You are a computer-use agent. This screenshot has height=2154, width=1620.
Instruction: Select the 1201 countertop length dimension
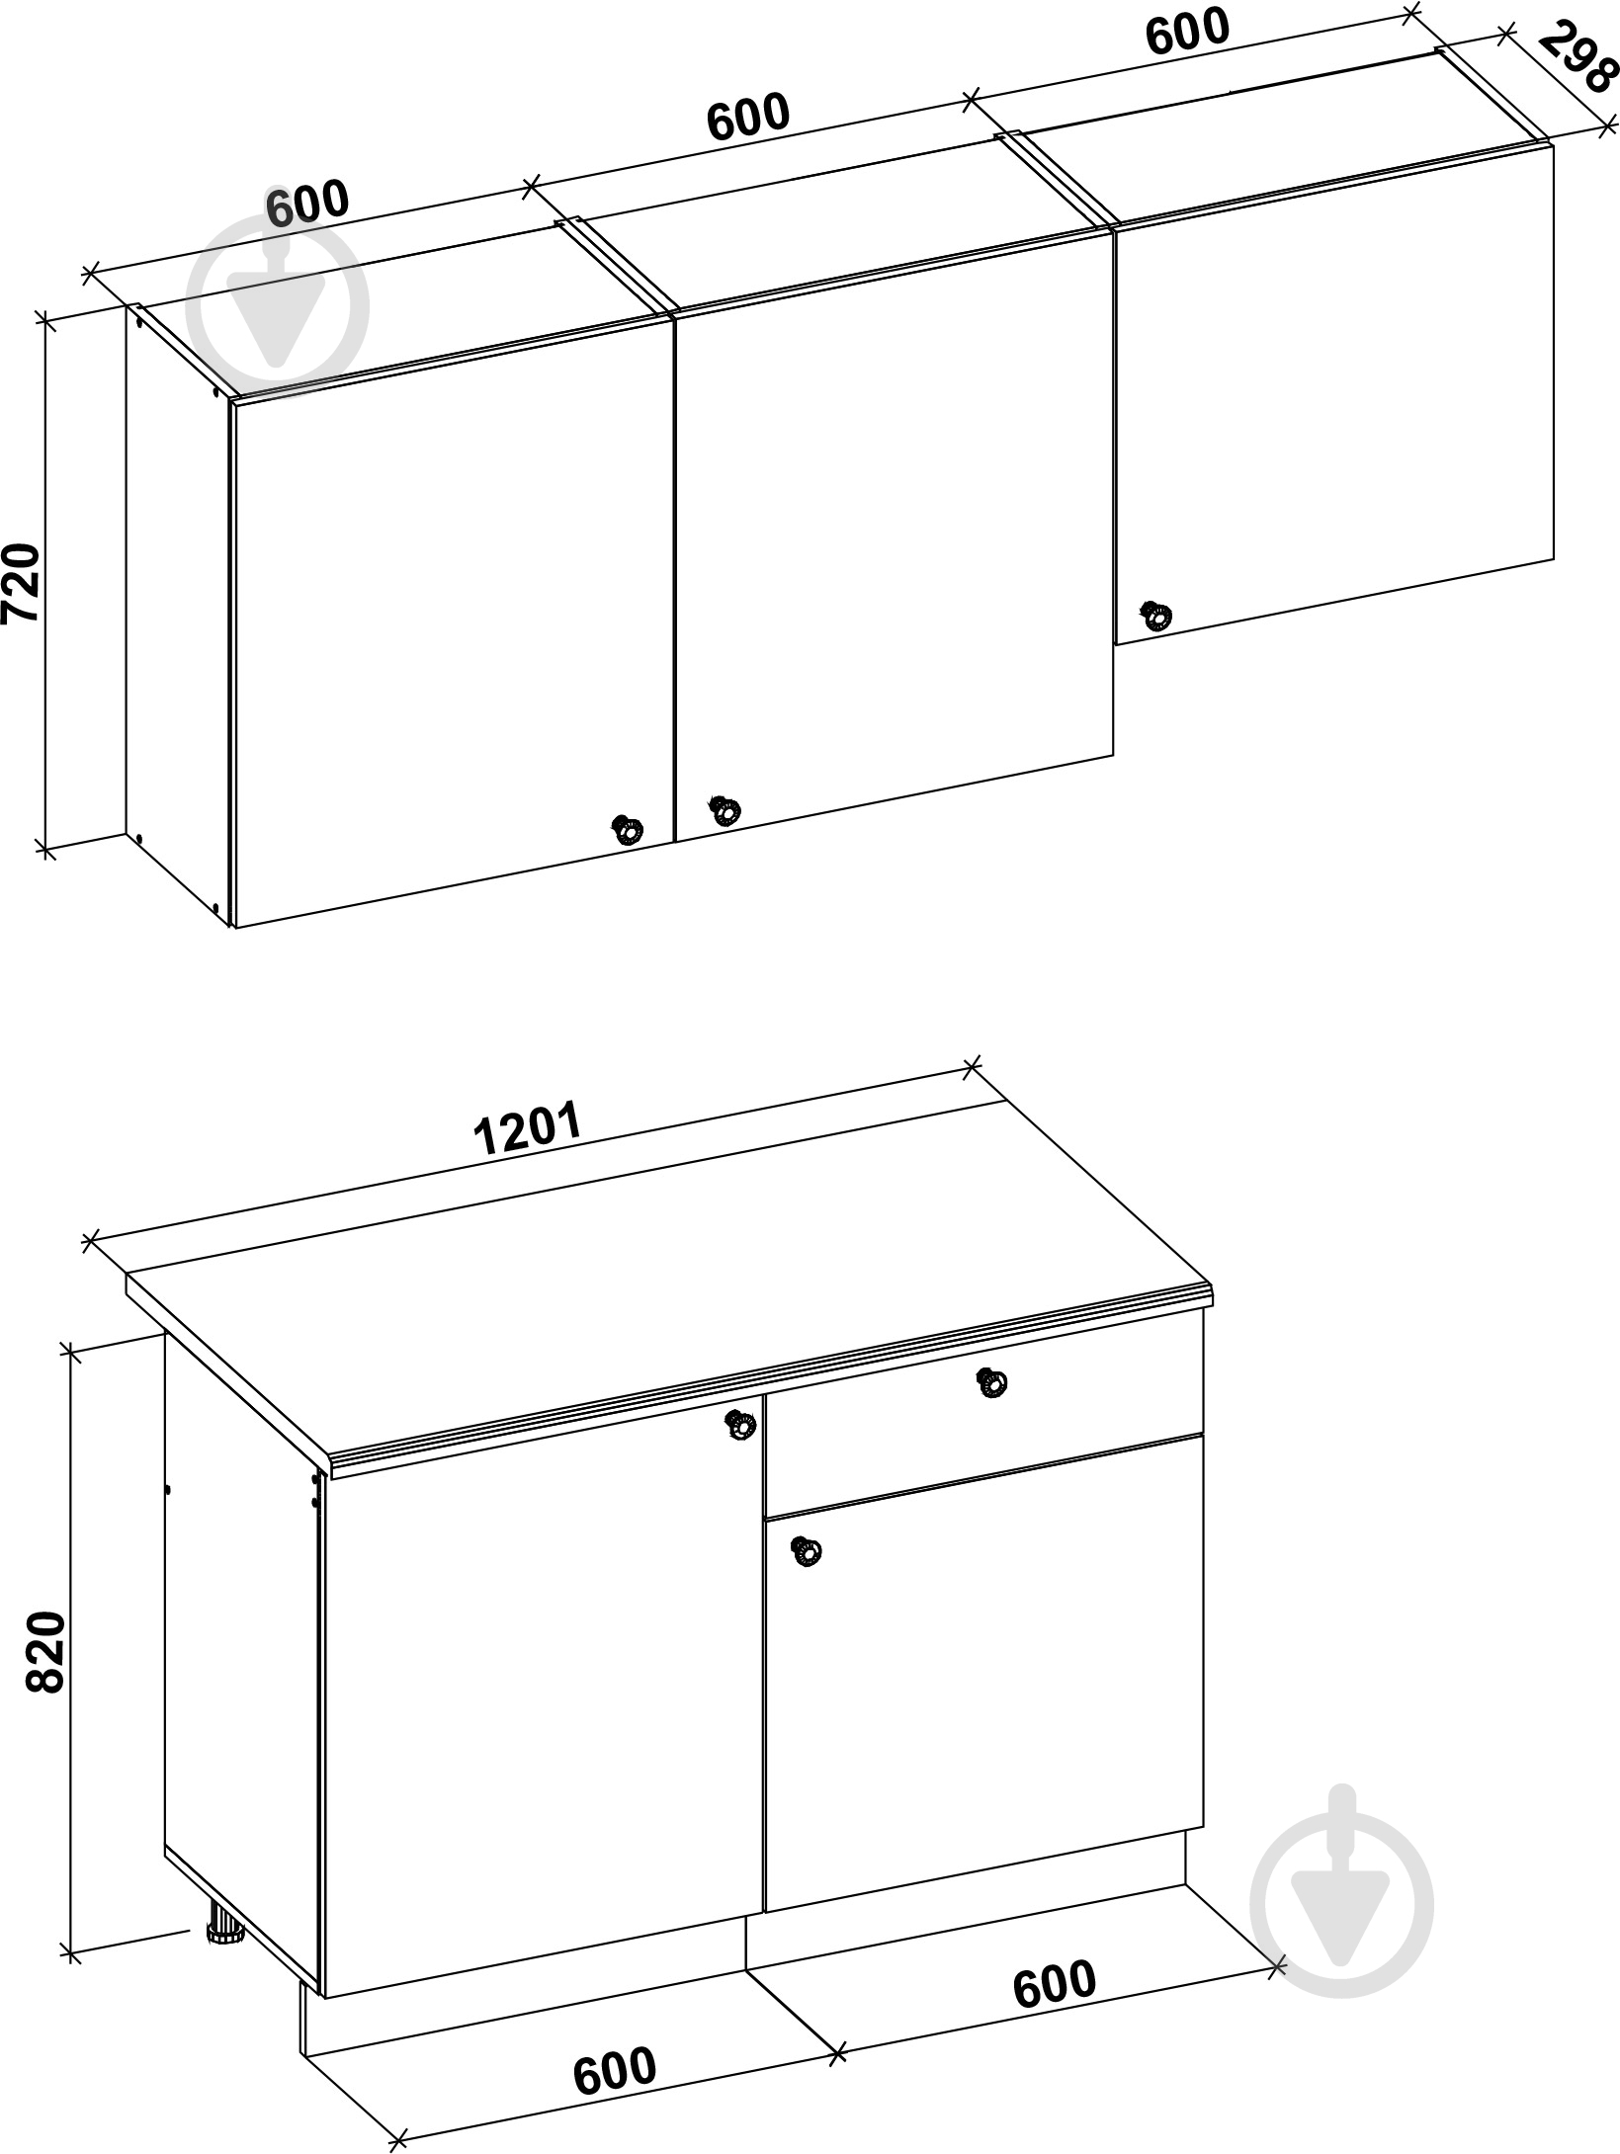526,1129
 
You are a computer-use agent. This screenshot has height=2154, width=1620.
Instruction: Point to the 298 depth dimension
1578,58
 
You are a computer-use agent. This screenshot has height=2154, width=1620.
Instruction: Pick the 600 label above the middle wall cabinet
748,116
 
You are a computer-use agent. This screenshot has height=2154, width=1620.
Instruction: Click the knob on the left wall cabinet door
627,829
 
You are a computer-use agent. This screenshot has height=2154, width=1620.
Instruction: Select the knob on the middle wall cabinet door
725,809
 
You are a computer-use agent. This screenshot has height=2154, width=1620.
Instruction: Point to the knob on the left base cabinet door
739,1426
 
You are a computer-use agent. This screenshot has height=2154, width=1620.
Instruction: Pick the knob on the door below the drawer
807,1552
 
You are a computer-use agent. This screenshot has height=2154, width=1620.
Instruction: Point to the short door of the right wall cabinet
1334,394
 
